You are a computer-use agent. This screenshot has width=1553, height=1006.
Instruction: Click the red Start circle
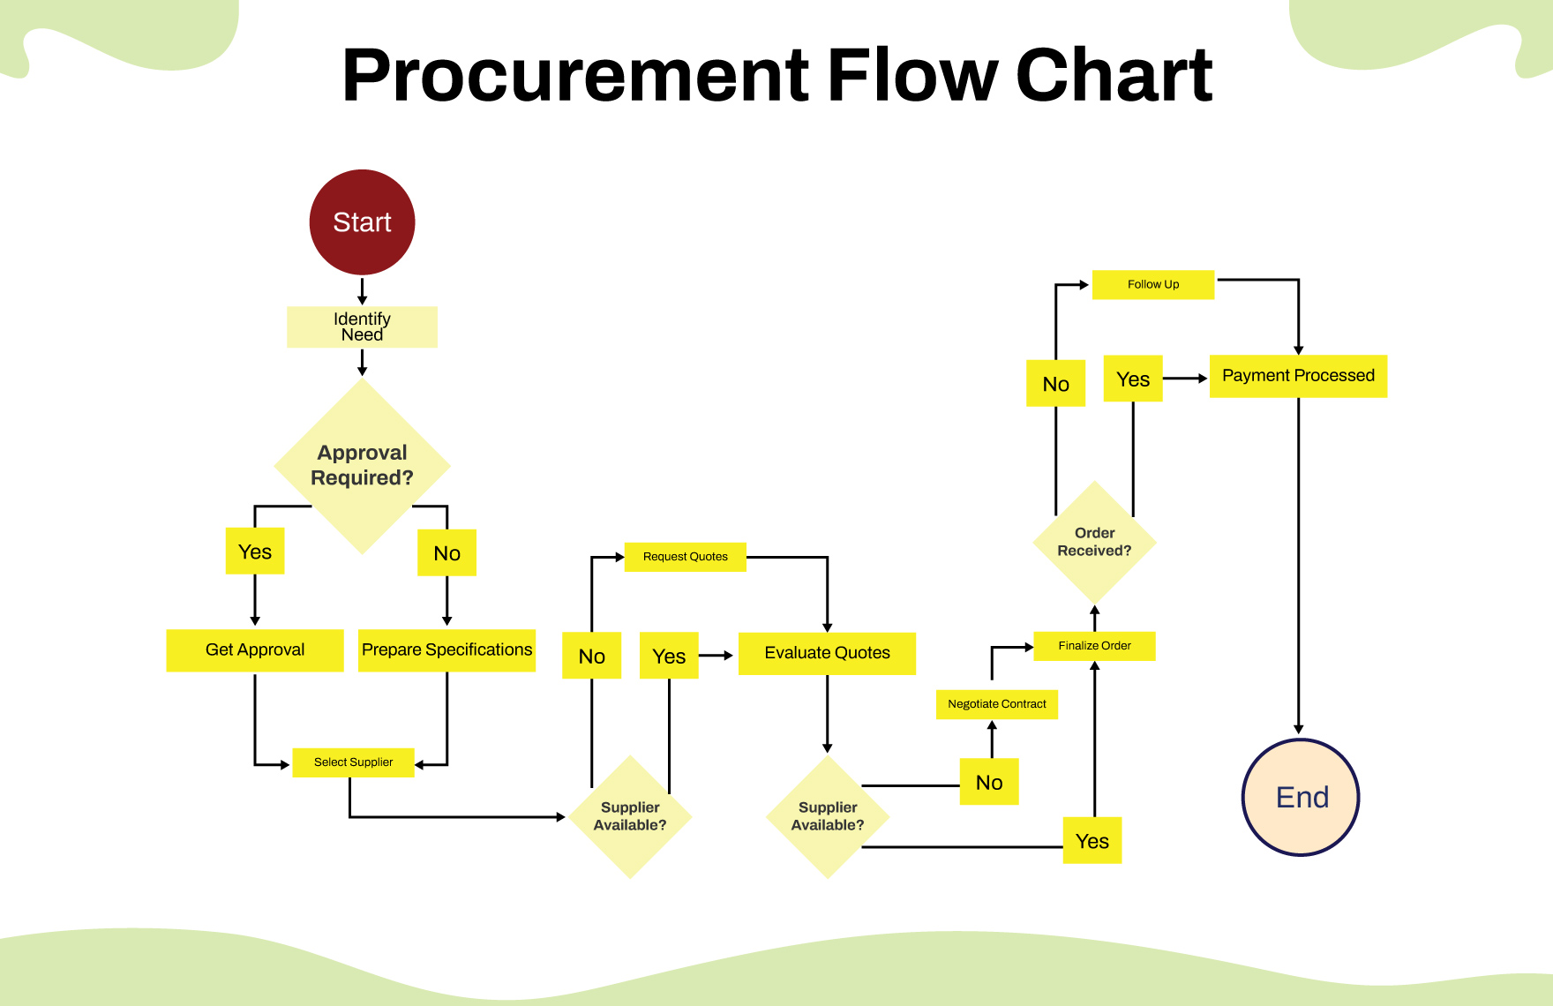(x=362, y=222)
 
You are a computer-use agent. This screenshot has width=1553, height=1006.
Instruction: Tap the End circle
(x=1301, y=797)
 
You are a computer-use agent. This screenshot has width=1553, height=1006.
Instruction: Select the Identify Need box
(x=362, y=327)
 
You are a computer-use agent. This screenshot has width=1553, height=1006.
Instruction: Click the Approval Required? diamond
(x=362, y=466)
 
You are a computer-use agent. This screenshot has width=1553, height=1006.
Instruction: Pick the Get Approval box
(x=255, y=650)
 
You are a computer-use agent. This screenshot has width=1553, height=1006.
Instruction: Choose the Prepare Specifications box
(x=446, y=650)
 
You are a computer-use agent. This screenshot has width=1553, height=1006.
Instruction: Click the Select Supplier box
(x=353, y=762)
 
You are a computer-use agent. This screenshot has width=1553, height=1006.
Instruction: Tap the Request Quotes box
(x=686, y=557)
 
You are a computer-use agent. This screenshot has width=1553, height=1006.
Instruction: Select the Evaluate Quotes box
(x=827, y=654)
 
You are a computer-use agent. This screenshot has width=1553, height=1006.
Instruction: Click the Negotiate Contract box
(x=996, y=704)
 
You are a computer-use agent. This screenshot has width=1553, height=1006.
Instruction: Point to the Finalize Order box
(x=1094, y=646)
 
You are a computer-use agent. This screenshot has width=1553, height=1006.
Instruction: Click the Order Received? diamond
(x=1094, y=542)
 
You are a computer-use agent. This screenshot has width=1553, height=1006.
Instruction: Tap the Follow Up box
(x=1152, y=284)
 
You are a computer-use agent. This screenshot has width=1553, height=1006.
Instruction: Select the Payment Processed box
(x=1298, y=376)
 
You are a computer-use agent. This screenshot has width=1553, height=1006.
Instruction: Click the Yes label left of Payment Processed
(x=1133, y=379)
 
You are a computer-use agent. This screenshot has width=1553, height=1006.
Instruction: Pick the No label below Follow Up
(x=1055, y=384)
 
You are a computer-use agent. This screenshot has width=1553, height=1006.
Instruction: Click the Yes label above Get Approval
(x=255, y=552)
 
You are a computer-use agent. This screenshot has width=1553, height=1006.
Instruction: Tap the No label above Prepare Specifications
(x=446, y=553)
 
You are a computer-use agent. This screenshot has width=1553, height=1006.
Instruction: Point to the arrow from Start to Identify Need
(x=362, y=290)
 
